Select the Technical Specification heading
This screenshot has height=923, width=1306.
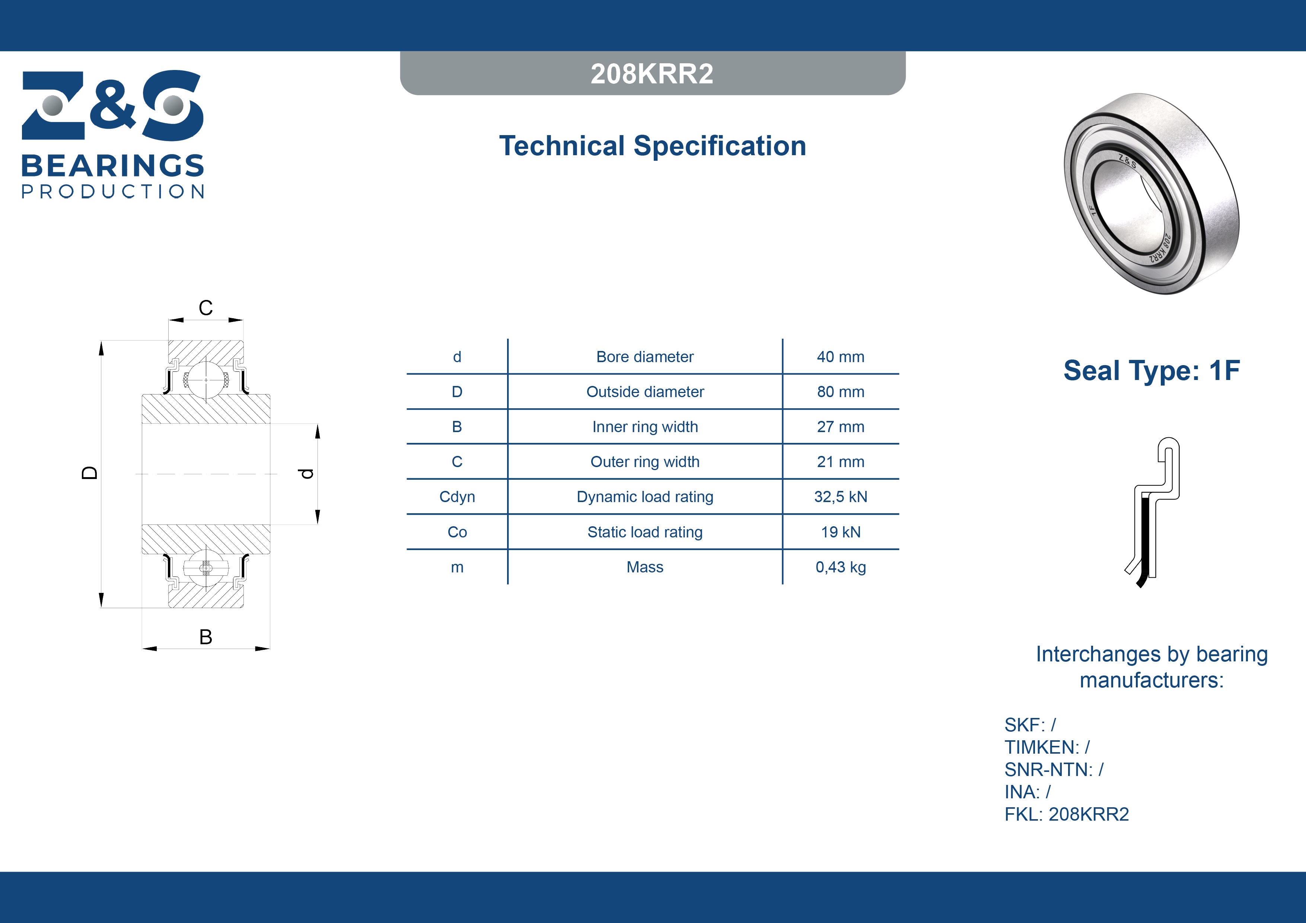(x=652, y=146)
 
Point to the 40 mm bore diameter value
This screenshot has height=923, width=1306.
(x=840, y=357)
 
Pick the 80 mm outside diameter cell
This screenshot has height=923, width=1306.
(x=840, y=392)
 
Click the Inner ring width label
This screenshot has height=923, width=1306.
(x=645, y=427)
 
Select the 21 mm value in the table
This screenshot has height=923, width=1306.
(x=840, y=462)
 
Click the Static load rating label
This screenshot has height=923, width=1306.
(x=645, y=532)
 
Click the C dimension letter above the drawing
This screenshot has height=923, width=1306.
(x=206, y=308)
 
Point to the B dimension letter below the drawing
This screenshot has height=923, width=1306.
(x=206, y=637)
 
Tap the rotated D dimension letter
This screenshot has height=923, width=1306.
(x=89, y=473)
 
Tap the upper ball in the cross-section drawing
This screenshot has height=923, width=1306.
(x=206, y=380)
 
